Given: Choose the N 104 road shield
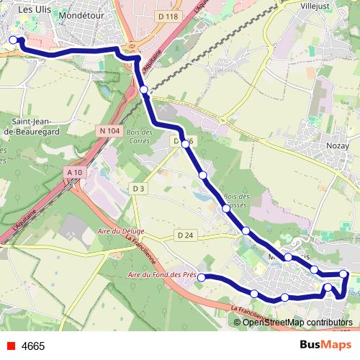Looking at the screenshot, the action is coord(110,130).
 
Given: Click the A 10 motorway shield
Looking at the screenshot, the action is coord(73,173).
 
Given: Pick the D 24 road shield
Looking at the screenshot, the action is coord(185,235).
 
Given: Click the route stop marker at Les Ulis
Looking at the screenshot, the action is coord(14,40).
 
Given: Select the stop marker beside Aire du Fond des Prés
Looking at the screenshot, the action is coord(202,277).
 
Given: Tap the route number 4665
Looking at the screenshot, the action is coord(33,346).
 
